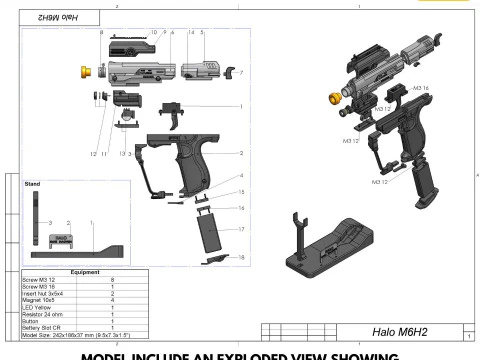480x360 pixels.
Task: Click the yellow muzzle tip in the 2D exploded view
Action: (x=86, y=71)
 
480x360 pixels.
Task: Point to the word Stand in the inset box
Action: (x=32, y=186)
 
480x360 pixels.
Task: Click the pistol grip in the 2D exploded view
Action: (x=190, y=165)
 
